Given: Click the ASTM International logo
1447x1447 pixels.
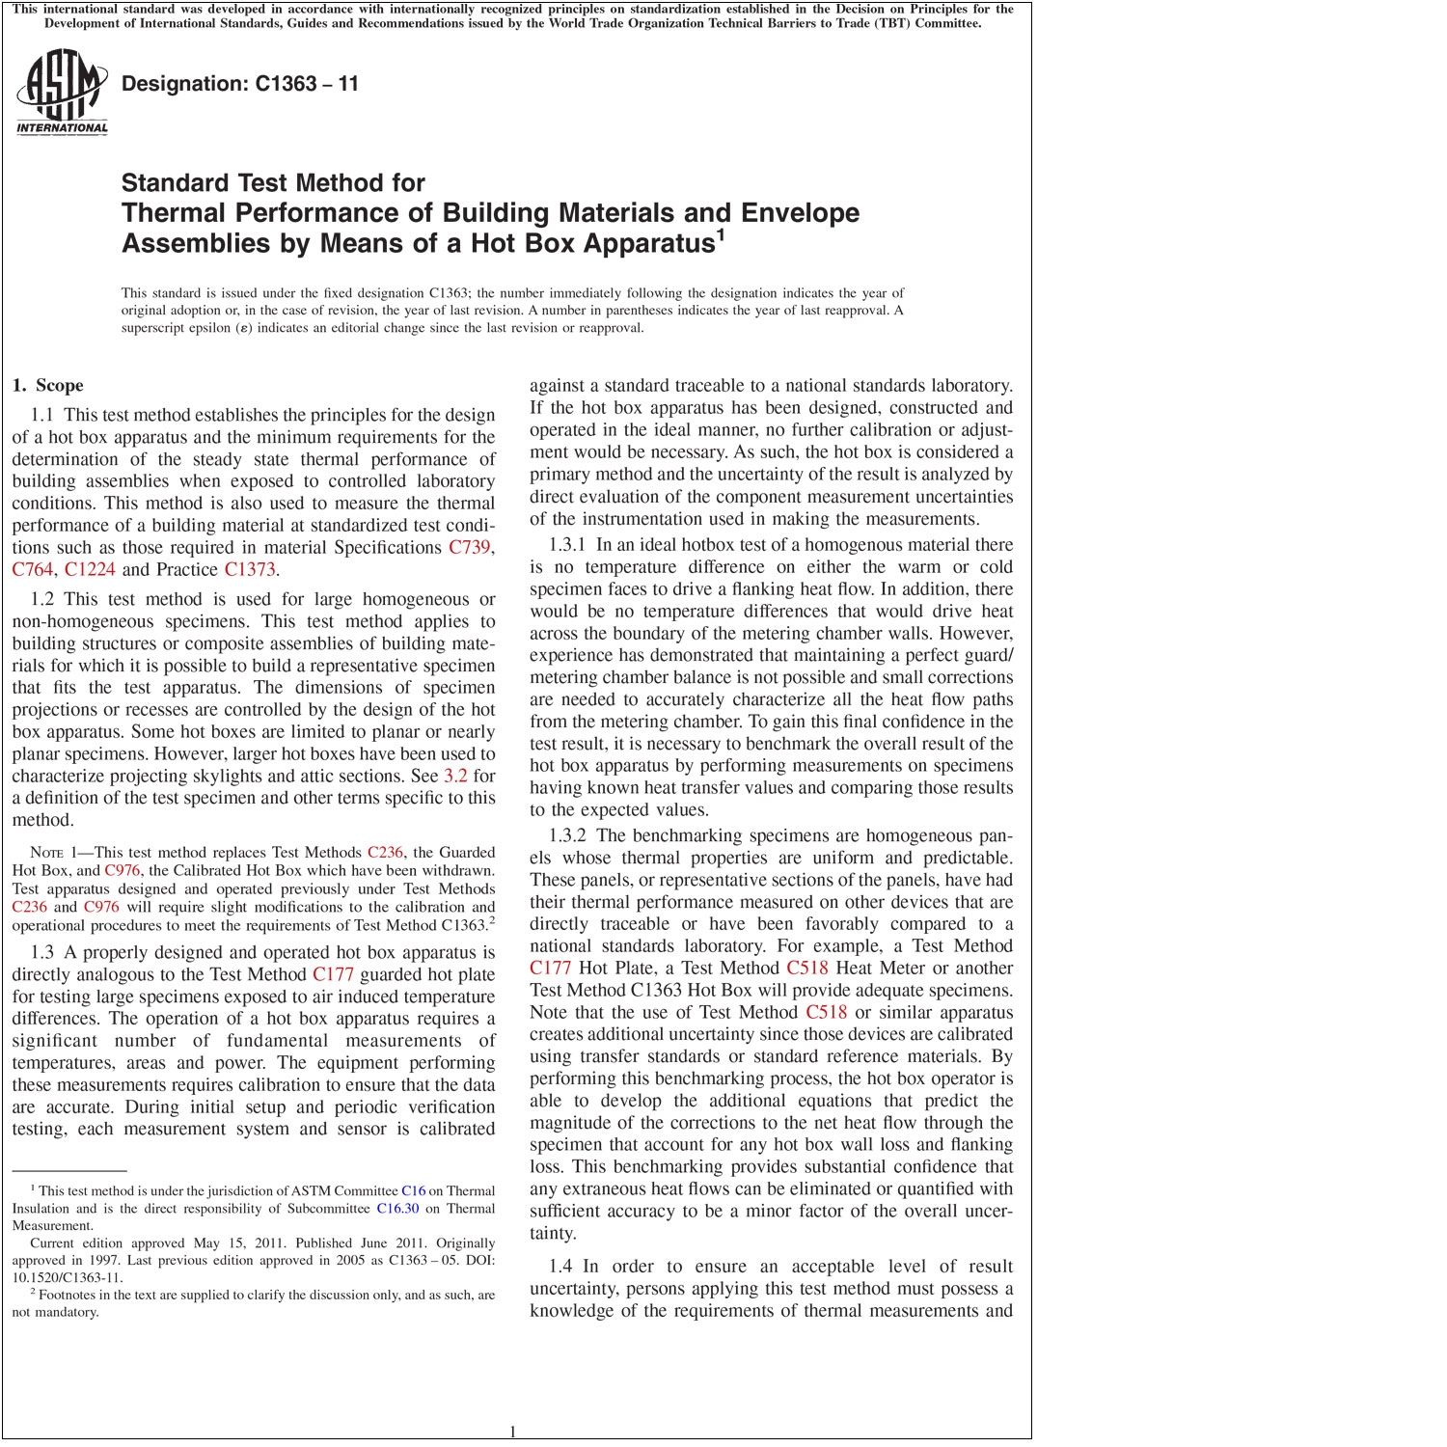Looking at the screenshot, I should click(62, 92).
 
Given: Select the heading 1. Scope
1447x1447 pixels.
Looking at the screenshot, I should click(48, 386).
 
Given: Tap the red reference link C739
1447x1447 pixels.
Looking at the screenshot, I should click(470, 548).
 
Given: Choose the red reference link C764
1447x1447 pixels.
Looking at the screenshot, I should click(32, 570).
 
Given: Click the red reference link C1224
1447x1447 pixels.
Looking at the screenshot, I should click(90, 570).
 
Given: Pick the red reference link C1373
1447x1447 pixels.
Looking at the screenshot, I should click(249, 570).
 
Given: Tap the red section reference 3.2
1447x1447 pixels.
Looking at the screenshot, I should click(455, 777).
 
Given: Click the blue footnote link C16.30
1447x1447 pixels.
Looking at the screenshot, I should click(397, 1209).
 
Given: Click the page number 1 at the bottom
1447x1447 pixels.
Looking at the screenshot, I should click(513, 1432).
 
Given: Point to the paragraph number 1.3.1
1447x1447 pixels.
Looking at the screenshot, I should click(569, 545).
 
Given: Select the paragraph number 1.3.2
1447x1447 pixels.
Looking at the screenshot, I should click(569, 836).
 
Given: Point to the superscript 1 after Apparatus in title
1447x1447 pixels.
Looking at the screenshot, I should click(719, 234).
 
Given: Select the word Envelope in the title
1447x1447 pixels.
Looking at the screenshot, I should click(800, 213).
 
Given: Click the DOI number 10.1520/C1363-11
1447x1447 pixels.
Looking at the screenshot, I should click(67, 1278).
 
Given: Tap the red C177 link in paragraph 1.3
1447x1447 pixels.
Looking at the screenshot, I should click(333, 975).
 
